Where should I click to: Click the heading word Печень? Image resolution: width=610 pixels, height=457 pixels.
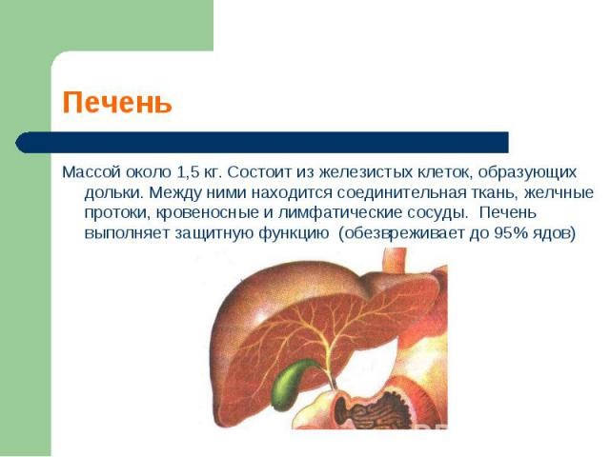pyautogui.click(x=117, y=103)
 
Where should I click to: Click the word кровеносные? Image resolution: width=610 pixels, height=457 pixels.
pyautogui.click(x=202, y=212)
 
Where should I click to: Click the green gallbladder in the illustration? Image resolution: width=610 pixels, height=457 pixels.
pyautogui.click(x=290, y=380)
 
